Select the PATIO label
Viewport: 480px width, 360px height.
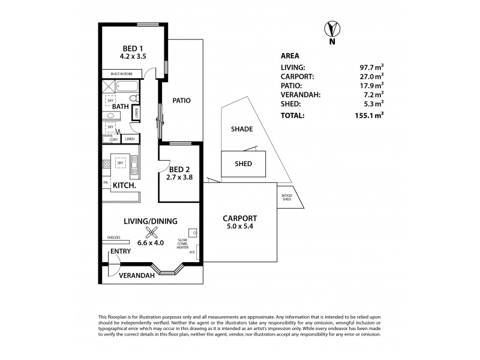[x=181, y=101]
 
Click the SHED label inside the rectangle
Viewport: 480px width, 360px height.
[x=243, y=163]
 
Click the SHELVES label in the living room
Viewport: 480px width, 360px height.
[x=113, y=237]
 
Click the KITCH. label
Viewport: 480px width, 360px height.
[x=124, y=187]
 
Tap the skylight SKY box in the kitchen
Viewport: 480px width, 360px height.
[x=121, y=162]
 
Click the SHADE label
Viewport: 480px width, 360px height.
[x=242, y=129]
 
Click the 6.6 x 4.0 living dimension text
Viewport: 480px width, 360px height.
[x=151, y=243]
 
